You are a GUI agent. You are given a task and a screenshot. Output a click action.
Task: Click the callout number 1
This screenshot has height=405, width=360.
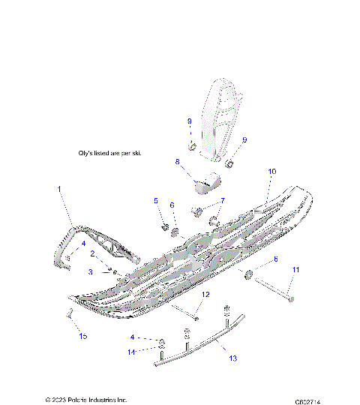pos(59,190)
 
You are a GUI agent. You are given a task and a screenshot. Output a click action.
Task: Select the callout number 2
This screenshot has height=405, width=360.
pos(92,254)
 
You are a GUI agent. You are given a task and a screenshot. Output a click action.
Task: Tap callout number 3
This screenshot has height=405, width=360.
pos(91,271)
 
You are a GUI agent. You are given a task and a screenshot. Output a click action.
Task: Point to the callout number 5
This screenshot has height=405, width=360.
pos(156,200)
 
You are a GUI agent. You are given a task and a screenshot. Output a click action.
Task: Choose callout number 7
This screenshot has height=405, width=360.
pos(221,202)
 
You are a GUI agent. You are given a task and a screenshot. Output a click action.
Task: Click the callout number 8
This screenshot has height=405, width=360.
pos(177,161)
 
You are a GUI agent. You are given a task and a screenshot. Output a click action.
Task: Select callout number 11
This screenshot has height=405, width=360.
pos(295,268)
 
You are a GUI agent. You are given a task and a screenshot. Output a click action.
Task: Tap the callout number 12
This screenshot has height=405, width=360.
pos(205,294)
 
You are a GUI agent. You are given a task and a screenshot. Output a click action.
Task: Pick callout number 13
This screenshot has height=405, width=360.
pos(232,358)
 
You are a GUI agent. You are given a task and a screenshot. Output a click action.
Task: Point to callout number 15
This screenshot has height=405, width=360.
pos(83,335)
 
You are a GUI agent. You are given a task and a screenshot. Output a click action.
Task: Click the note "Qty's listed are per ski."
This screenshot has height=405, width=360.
pos(109,153)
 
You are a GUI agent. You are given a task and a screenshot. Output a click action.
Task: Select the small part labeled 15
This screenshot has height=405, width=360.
pos(69,313)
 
